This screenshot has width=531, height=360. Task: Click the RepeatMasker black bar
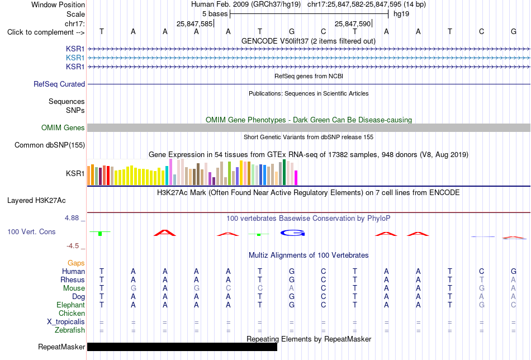(182, 347)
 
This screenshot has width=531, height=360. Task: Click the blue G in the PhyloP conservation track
(293, 233)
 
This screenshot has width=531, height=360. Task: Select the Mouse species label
(74, 288)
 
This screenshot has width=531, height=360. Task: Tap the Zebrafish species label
(70, 330)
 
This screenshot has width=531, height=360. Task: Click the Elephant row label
(70, 305)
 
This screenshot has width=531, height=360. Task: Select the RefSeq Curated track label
(59, 84)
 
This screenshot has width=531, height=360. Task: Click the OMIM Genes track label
(63, 127)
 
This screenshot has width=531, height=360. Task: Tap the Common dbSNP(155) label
(50, 145)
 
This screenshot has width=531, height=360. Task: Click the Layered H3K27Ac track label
(36, 201)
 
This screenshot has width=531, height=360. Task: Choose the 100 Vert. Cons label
(31, 231)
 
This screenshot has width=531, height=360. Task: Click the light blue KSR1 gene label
(75, 58)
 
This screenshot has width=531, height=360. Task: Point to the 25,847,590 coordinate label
(353, 23)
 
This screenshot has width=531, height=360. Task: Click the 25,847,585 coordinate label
(195, 23)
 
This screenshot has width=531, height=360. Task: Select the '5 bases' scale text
(215, 14)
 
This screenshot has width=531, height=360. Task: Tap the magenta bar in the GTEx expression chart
(296, 178)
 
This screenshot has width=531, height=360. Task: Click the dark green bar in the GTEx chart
(284, 172)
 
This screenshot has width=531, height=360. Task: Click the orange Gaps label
(76, 263)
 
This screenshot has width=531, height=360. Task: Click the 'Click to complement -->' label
(46, 32)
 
